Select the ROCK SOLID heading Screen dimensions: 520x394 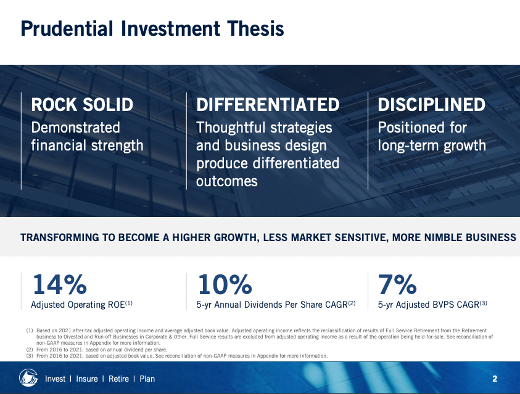point(82,105)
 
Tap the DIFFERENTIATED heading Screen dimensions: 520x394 point(268,105)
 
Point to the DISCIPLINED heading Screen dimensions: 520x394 point(431,105)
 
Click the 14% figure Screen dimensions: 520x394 point(60,284)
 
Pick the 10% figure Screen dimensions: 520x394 point(225,284)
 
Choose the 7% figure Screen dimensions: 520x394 point(397,284)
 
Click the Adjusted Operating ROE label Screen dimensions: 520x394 point(81,305)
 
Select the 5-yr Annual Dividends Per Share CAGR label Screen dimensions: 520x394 point(276,305)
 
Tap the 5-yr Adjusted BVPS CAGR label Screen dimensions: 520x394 point(432,305)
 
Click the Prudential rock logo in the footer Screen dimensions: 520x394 point(28,378)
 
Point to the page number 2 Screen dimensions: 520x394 point(495,379)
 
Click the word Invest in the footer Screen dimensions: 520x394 point(55,379)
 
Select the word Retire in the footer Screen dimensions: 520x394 point(118,379)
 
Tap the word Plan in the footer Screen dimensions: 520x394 point(147,379)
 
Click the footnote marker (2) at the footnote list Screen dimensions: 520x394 point(30,350)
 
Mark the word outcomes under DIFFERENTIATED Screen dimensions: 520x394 point(227,181)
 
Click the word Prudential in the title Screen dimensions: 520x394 point(67,28)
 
